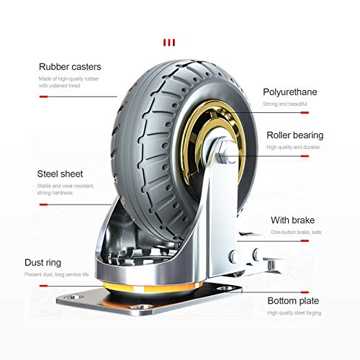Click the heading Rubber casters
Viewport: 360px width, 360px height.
[70, 67]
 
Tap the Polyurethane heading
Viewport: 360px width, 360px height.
[290, 92]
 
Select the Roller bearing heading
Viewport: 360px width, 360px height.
[295, 135]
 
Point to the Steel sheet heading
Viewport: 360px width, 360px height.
[60, 174]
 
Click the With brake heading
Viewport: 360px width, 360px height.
[293, 220]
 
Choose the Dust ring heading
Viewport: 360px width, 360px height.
[42, 263]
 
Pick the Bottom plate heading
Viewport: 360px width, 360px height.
[293, 301]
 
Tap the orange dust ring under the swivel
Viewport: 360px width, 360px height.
[153, 287]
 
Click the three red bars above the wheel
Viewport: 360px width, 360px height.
[169, 42]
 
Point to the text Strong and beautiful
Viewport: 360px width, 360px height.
[285, 104]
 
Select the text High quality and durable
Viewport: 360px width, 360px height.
[293, 147]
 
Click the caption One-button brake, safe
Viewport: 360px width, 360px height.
[296, 232]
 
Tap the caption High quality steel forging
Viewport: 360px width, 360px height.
[294, 312]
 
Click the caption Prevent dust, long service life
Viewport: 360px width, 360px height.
[57, 274]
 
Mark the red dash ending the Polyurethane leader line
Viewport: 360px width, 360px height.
[305, 112]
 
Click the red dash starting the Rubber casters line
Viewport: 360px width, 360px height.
[44, 96]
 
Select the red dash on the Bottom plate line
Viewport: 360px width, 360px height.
[305, 292]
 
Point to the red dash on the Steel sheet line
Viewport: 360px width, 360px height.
[44, 204]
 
